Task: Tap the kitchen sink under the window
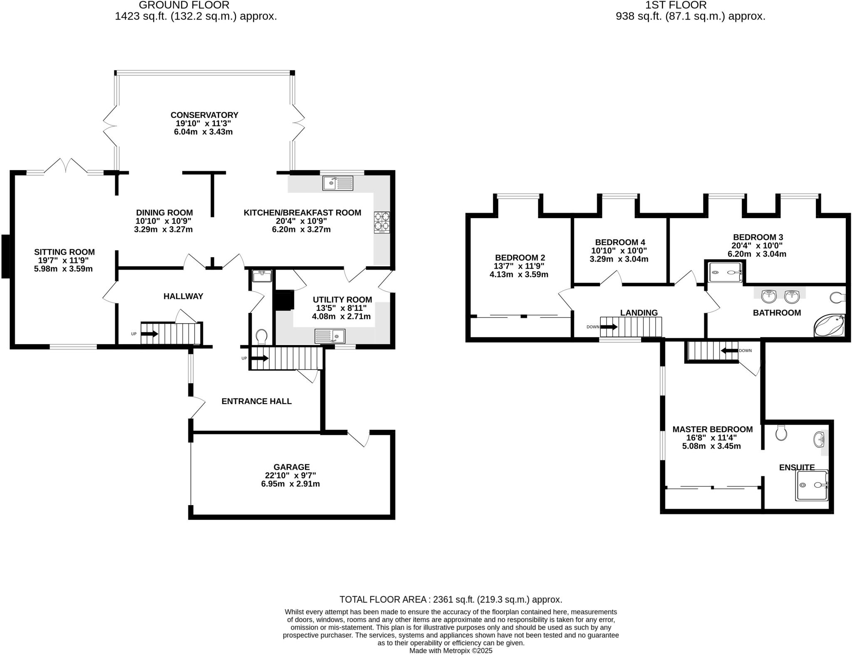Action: tap(338, 183)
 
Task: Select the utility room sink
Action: tap(329, 336)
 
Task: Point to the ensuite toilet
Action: tap(781, 433)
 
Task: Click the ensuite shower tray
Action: tap(811, 485)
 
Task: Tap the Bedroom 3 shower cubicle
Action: tap(725, 272)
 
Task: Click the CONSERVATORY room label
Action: tap(204, 115)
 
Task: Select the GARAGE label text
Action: tap(291, 467)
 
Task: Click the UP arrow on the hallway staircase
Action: tap(149, 334)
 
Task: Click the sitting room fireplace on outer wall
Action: tap(5, 256)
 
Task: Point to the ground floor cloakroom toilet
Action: tap(262, 336)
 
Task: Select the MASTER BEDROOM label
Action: tap(712, 429)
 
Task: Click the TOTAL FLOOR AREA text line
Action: tap(451, 600)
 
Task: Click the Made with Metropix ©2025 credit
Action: tap(451, 650)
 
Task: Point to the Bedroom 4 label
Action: tap(620, 242)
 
